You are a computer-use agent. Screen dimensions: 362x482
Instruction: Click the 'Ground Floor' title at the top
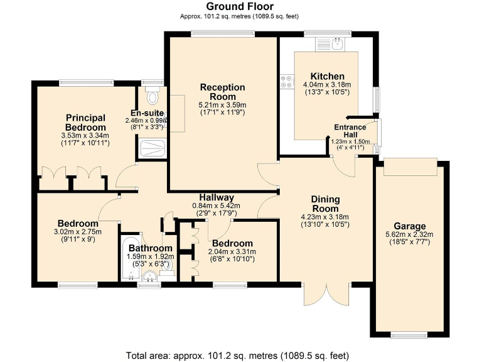pyautogui.click(x=240, y=6)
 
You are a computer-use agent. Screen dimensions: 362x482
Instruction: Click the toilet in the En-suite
pyautogui.click(x=151, y=97)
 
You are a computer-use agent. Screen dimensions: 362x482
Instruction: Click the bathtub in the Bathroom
pyautogui.click(x=131, y=259)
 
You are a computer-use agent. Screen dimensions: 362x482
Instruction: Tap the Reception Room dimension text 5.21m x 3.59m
pyautogui.click(x=222, y=105)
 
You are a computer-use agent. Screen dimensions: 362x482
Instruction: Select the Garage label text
pyautogui.click(x=409, y=226)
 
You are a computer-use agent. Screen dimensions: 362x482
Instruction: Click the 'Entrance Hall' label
pyautogui.click(x=350, y=131)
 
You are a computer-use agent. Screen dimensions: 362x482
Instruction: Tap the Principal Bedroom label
pyautogui.click(x=85, y=122)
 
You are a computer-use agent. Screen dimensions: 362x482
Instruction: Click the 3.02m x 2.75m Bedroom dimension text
pyautogui.click(x=78, y=231)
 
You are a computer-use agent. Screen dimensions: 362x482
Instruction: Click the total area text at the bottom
pyautogui.click(x=240, y=353)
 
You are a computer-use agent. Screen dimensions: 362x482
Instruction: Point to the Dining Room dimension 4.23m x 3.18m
pyautogui.click(x=325, y=217)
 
